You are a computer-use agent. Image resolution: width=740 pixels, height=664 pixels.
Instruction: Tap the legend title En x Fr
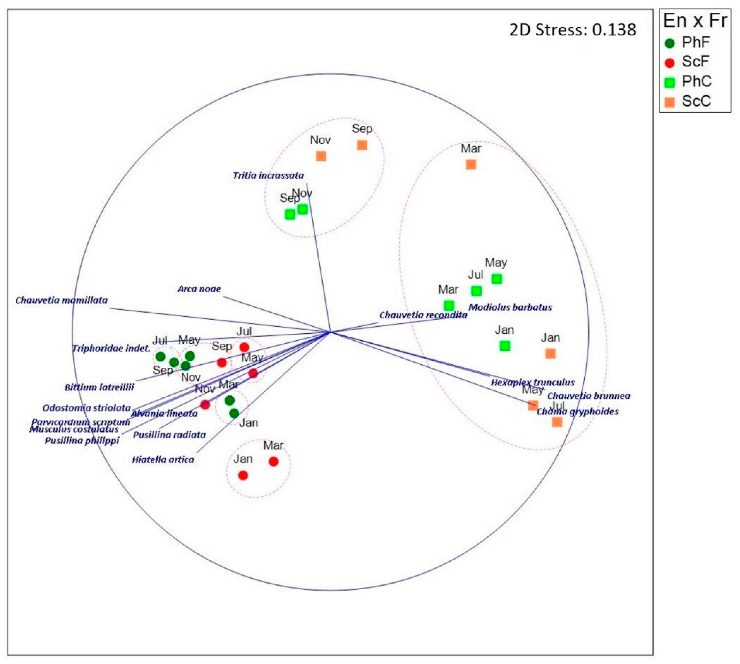coord(695,21)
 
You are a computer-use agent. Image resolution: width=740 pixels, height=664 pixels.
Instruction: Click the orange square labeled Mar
coord(471,165)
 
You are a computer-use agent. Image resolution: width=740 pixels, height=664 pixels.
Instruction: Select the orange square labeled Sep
coord(362,145)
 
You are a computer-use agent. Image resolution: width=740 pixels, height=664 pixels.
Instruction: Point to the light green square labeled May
coord(496,279)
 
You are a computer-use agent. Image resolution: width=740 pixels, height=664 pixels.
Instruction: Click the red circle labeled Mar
coord(273,461)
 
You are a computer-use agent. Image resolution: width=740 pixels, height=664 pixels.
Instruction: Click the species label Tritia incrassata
coord(268,175)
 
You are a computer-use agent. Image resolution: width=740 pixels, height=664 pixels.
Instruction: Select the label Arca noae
coord(199,289)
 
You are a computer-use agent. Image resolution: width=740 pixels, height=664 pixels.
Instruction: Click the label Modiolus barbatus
coord(510,307)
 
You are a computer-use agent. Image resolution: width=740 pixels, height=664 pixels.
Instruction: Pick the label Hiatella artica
coord(163,459)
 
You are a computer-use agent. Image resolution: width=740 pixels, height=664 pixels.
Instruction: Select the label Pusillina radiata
coord(169,435)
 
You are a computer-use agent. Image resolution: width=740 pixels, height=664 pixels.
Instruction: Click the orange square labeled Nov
coord(321,156)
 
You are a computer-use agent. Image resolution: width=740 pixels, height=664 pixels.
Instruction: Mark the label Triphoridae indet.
coord(111,349)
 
